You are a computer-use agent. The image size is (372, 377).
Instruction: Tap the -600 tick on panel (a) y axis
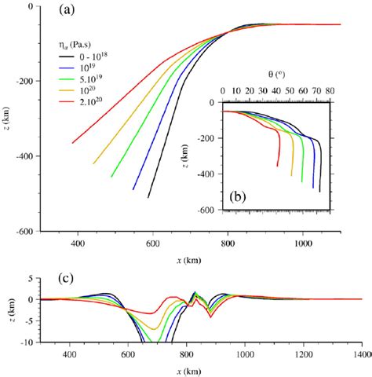[26, 232]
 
